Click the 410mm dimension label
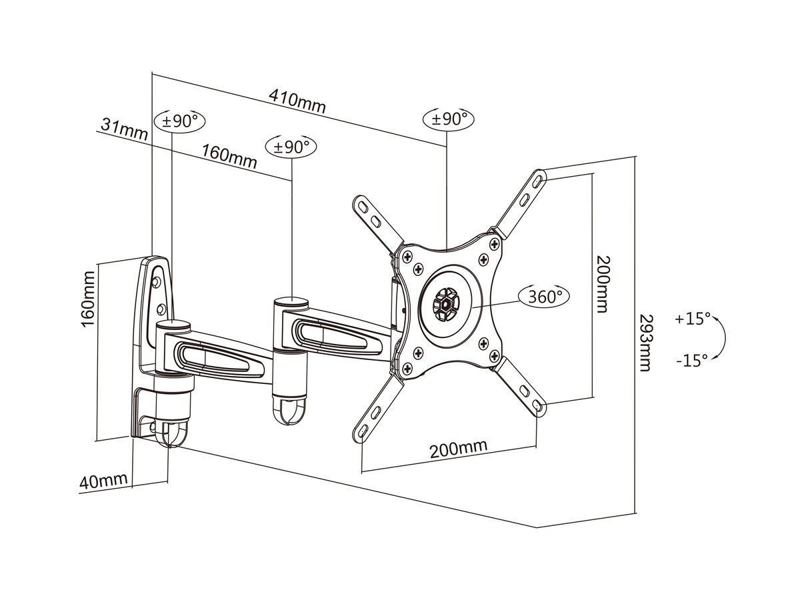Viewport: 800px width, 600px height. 297,101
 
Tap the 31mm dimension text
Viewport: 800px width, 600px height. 124,129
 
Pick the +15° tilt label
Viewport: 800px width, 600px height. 693,319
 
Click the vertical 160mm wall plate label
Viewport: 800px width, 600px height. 89,299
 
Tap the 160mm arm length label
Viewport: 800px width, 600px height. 229,157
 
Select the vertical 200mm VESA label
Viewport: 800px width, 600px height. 602,285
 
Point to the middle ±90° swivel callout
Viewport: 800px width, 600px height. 291,147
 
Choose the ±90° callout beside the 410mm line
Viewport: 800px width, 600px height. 449,119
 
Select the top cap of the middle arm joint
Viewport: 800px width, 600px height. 291,302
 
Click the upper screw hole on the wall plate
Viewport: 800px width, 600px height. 157,281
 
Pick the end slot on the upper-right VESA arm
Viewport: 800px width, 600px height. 538,181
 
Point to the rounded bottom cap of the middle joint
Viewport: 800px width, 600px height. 291,412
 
